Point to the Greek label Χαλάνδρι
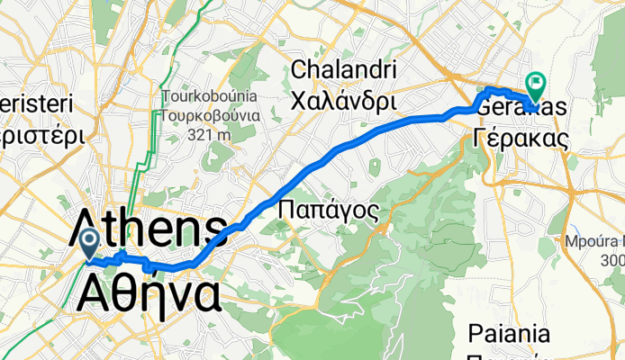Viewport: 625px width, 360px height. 341,100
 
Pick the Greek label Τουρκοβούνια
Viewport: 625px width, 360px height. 212,115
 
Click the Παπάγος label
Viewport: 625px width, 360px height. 327,209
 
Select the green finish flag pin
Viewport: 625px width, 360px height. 535,85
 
